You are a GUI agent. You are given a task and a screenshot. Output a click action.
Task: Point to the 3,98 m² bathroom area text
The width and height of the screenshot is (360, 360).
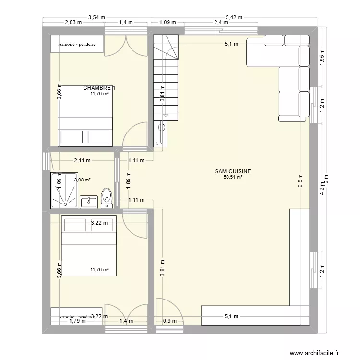coord(83,180)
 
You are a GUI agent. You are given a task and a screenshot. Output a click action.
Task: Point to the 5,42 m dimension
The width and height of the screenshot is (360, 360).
coord(234,17)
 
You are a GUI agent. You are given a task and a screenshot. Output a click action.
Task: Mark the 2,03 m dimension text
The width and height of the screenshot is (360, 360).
coord(73,22)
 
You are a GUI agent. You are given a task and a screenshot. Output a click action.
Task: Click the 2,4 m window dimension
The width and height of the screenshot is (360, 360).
coord(221,22)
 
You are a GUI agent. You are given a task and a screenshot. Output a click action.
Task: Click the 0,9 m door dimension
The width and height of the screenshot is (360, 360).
coord(170,321)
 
